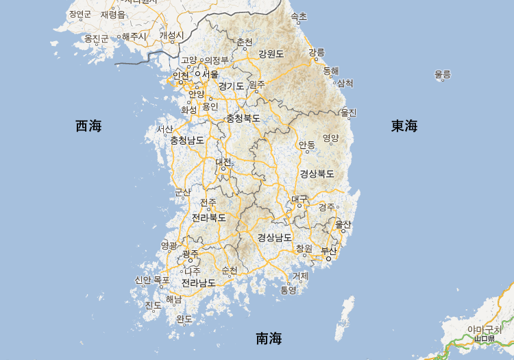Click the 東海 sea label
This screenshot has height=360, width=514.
pos(404,125)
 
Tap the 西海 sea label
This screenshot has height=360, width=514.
pos(88,125)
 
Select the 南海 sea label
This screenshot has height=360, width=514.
pos(269,338)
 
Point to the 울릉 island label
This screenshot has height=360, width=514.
pos(443,74)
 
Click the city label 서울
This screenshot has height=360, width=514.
pos(210,74)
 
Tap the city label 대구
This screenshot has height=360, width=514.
pos(299,199)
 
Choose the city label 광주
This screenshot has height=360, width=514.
pos(191,254)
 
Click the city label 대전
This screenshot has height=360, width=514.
pos(223,162)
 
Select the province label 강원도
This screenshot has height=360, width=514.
pos(271,53)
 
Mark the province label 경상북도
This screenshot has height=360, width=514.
pos(317,173)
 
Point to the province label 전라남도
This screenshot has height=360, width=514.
pos(199,282)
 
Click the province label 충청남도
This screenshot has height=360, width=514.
pos(187,141)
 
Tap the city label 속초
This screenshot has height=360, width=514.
pos(299,16)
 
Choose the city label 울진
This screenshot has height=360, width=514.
pos(348,112)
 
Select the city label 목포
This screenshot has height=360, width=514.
pos(161,280)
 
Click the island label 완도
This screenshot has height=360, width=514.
pos(184,319)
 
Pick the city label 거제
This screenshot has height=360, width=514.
pos(300,276)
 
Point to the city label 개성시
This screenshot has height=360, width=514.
pos(171,35)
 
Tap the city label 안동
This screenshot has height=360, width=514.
pos(306,145)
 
